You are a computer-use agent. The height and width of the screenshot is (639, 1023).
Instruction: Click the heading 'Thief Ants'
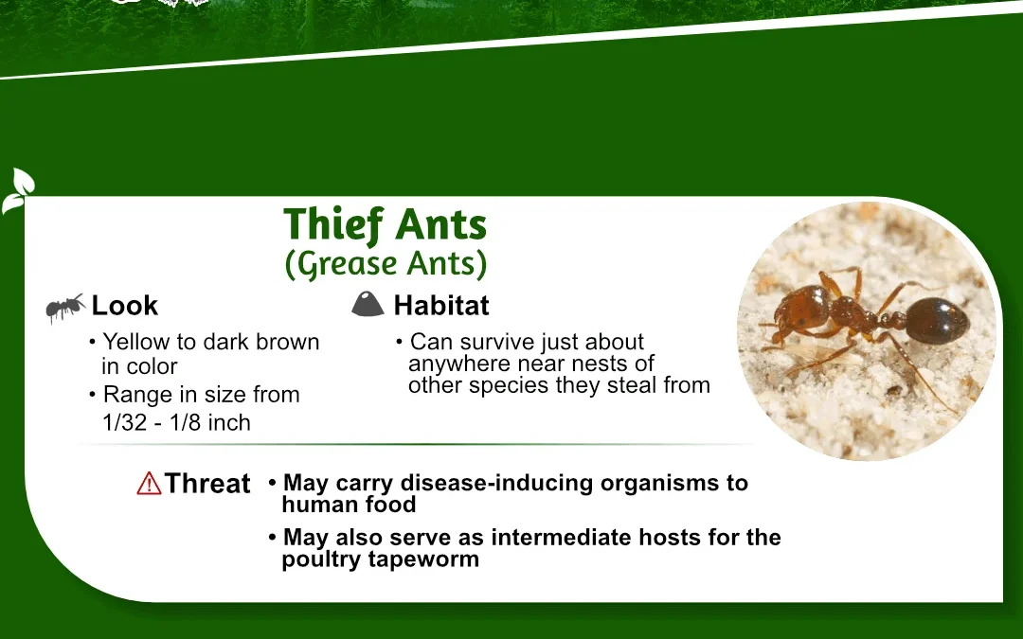pos(385,225)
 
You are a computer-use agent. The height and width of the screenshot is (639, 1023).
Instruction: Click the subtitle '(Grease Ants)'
pos(386,264)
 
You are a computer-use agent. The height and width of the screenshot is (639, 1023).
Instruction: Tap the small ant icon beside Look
pos(65,307)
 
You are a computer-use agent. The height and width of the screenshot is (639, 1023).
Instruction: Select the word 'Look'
pos(125,305)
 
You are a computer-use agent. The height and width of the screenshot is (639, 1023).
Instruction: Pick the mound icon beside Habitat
pos(368,304)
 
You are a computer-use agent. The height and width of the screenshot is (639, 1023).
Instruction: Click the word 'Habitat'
pos(441,305)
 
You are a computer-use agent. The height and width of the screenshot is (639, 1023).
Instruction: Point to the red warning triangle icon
pos(149,483)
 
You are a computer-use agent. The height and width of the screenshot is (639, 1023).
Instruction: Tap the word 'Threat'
pos(207,483)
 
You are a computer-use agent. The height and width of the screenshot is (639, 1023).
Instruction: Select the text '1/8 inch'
pos(210,422)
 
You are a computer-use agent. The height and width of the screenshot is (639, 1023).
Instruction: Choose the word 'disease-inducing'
pos(497,483)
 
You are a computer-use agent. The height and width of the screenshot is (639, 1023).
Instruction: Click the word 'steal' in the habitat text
pos(632,384)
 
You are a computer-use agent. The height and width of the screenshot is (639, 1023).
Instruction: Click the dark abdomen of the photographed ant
pos(938,320)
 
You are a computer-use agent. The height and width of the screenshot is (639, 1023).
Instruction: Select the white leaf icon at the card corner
pos(18,191)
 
